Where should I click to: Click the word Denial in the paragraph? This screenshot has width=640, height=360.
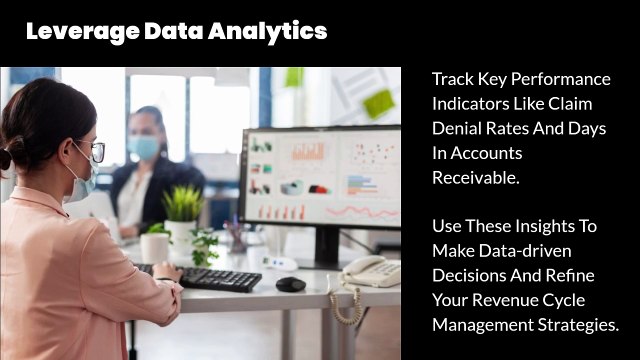coord(456,130)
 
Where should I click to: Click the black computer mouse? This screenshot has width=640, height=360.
coord(290,284)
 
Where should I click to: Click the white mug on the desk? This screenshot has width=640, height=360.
coord(155,246)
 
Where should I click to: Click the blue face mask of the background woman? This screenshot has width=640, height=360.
coord(143,148)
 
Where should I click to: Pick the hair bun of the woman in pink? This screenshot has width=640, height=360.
coord(5,158)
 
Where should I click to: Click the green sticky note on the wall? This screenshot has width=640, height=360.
coord(379,103)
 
